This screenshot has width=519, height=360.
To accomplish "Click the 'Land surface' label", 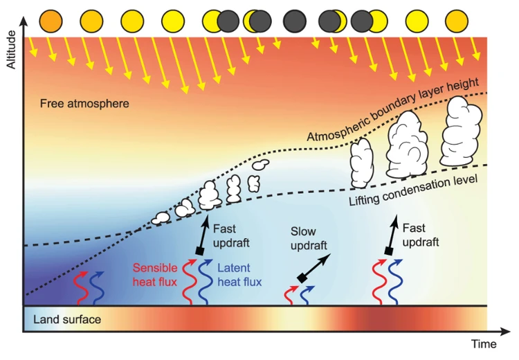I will point(66,320).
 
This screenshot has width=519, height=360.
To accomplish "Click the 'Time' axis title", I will point(484,344).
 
